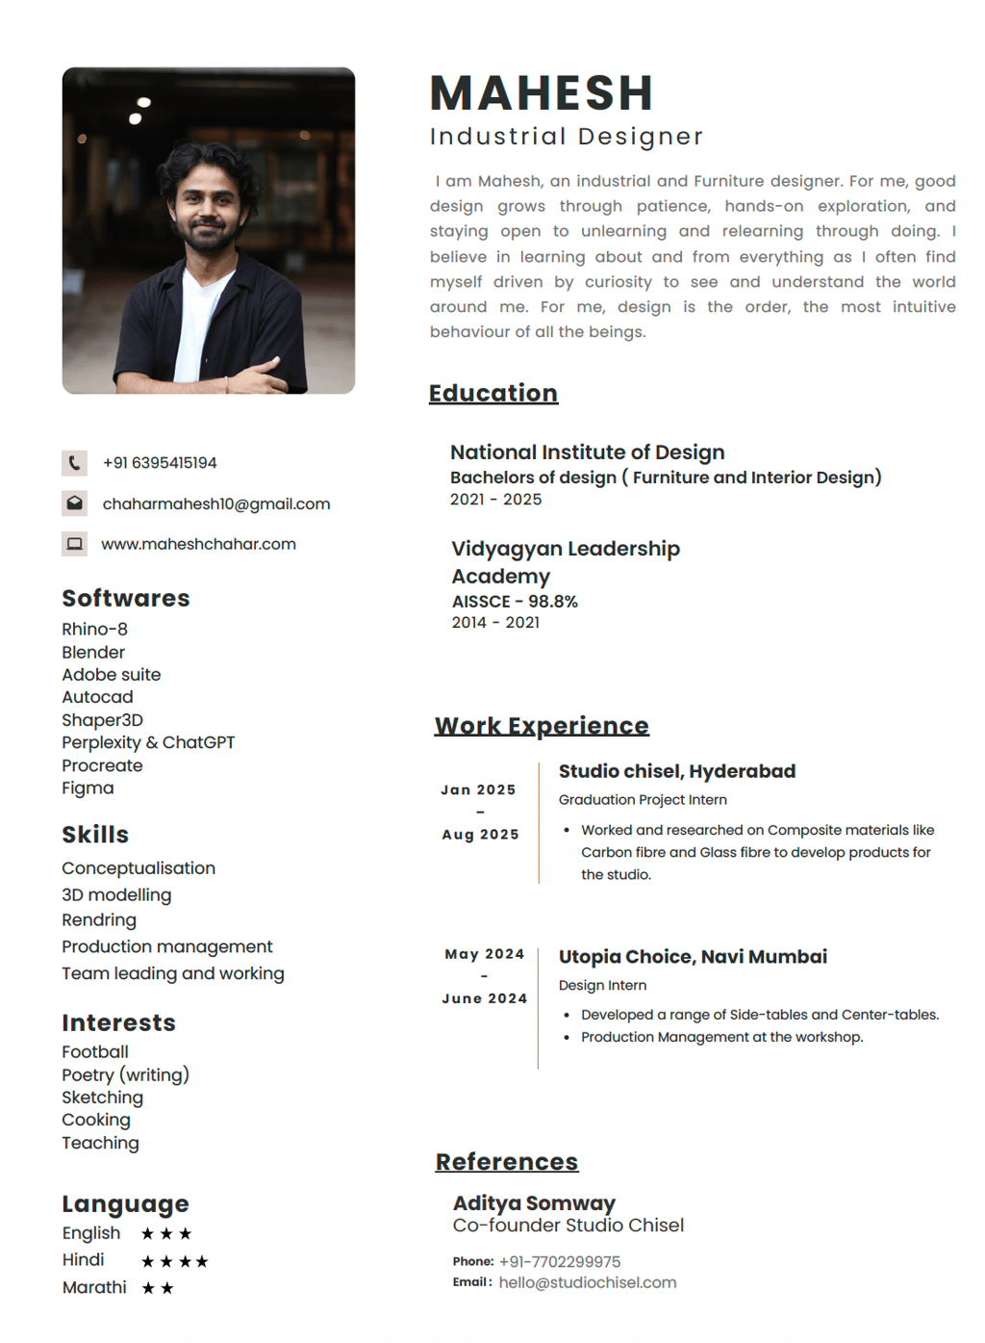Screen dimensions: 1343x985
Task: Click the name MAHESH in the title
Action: click(542, 93)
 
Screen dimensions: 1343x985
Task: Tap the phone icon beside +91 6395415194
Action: click(74, 463)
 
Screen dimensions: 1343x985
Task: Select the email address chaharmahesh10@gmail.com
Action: click(215, 504)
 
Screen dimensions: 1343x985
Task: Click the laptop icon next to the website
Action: click(74, 544)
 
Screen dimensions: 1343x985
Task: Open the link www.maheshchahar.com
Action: click(198, 544)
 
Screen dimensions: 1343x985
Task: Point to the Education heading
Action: click(492, 393)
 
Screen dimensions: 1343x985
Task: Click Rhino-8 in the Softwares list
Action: click(94, 629)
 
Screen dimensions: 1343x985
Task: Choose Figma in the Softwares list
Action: click(88, 788)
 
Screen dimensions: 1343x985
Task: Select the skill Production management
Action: click(167, 946)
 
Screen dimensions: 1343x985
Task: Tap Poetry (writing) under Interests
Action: click(125, 1074)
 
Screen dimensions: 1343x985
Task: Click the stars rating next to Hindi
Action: click(174, 1261)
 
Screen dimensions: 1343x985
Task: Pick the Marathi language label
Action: click(94, 1287)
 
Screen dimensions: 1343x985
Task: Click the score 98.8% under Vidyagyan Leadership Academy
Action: click(552, 602)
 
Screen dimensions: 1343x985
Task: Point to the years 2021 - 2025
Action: click(495, 500)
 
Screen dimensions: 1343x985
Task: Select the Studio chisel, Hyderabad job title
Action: click(676, 771)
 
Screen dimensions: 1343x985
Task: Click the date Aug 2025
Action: click(480, 835)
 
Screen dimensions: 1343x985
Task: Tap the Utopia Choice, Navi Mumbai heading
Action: click(693, 957)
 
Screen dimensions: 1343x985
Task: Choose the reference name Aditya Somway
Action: click(534, 1202)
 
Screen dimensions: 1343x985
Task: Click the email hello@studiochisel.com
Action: click(587, 1282)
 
